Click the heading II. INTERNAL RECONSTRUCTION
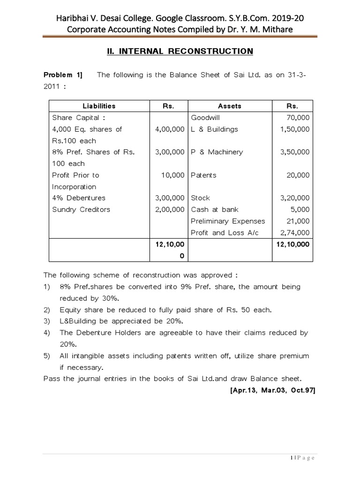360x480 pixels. point(180,52)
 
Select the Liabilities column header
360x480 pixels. point(99,106)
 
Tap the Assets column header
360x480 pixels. point(230,106)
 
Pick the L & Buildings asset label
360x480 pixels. point(214,129)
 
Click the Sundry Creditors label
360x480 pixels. point(81,210)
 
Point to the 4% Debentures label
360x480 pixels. point(79,198)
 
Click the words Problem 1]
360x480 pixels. point(63,75)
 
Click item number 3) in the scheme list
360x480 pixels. point(47,321)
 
